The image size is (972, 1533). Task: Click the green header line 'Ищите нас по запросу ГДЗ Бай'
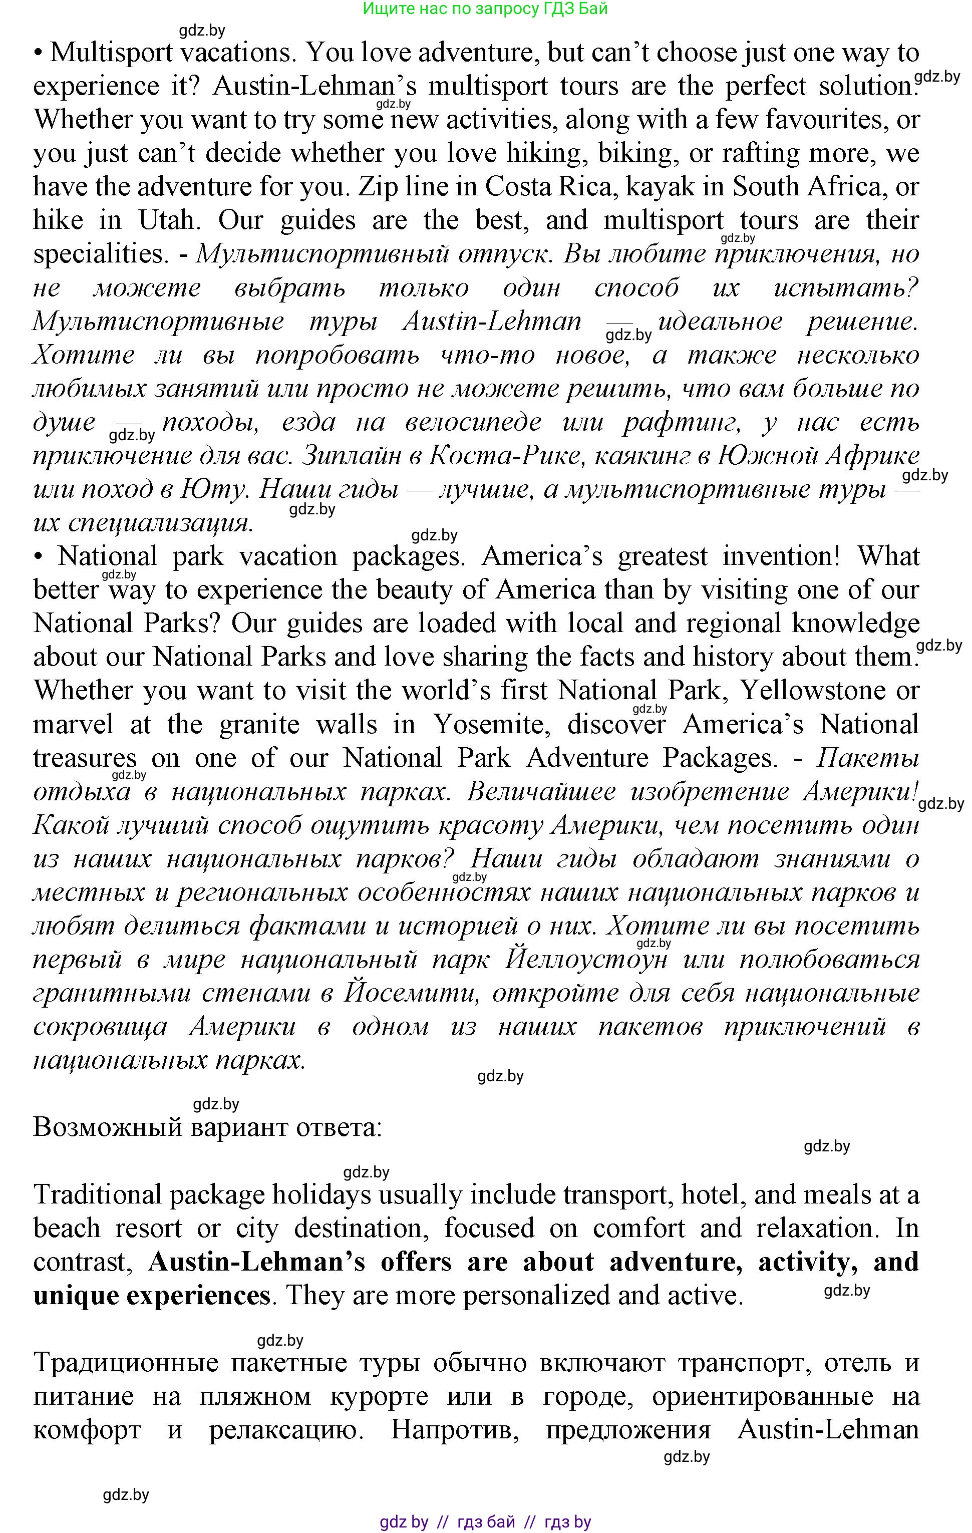click(x=485, y=9)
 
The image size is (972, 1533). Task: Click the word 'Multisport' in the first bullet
click(x=111, y=52)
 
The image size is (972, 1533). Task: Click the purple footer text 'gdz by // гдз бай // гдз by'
click(x=485, y=1521)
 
